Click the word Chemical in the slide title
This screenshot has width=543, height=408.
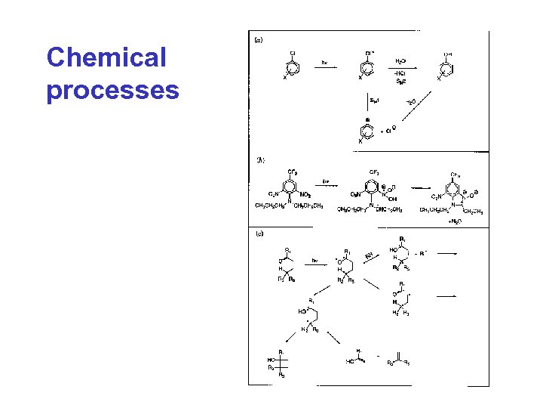click(x=105, y=58)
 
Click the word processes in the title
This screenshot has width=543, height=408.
click(x=112, y=90)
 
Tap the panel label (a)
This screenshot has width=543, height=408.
click(x=257, y=39)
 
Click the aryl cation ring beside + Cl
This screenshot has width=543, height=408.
click(x=367, y=129)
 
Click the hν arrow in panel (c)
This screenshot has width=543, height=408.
click(x=315, y=264)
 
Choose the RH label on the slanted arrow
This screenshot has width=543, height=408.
click(x=369, y=256)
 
